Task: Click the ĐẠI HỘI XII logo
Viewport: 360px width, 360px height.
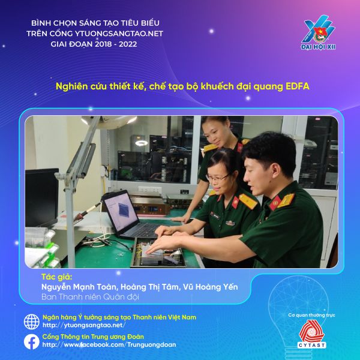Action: [x=318, y=32]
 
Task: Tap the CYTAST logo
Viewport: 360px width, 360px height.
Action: [x=311, y=334]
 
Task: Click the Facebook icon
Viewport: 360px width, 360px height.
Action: [x=31, y=341]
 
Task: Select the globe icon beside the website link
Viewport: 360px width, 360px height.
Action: [x=31, y=322]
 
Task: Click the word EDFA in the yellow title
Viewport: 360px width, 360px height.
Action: [x=298, y=86]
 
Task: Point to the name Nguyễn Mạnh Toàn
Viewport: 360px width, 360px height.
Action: [x=79, y=287]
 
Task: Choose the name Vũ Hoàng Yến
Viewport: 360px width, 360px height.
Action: [x=211, y=287]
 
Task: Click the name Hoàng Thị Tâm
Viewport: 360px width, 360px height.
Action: [x=149, y=287]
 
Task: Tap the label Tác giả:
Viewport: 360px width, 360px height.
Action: [x=57, y=277]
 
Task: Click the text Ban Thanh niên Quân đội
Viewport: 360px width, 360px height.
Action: [x=90, y=297]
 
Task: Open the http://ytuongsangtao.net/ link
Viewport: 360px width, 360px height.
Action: [x=84, y=325]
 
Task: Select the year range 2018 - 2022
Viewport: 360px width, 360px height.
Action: [x=116, y=44]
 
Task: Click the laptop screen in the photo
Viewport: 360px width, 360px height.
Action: [x=121, y=211]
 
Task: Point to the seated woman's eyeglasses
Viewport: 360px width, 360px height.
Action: [x=217, y=177]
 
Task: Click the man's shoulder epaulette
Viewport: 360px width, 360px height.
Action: [x=286, y=200]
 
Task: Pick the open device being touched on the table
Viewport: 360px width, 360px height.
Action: [x=158, y=253]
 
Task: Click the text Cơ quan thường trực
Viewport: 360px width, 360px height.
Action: [x=311, y=315]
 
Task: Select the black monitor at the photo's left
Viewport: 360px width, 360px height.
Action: [x=41, y=197]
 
